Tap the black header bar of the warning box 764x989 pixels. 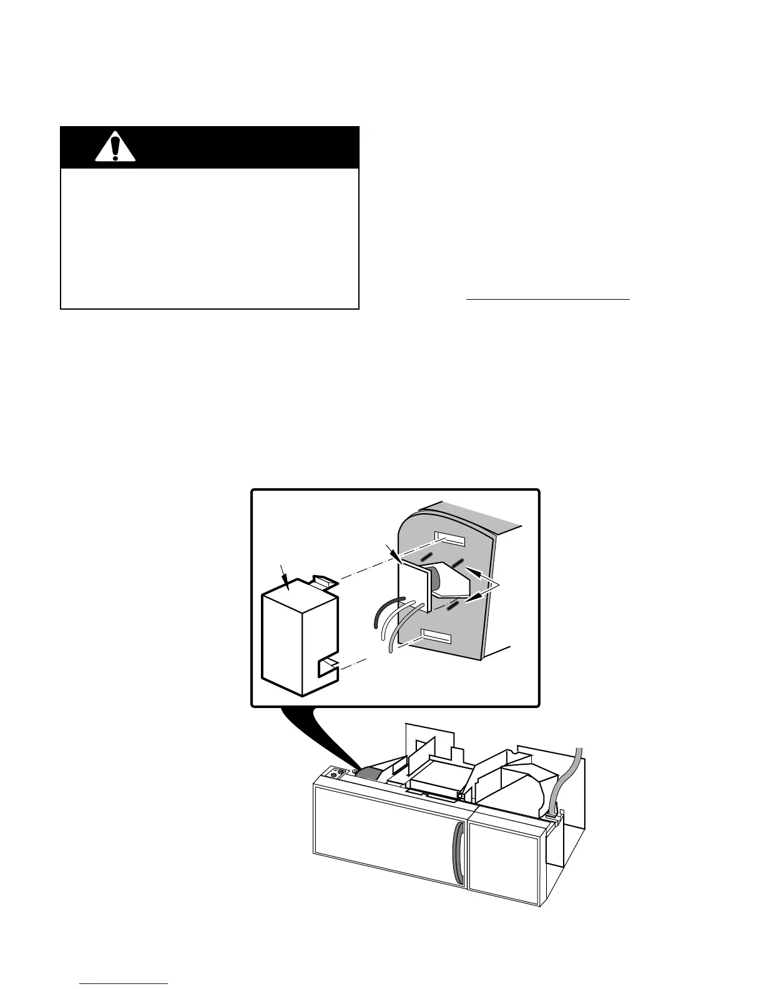pos(237,148)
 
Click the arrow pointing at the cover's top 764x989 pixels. pos(286,574)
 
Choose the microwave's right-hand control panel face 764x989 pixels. pos(504,859)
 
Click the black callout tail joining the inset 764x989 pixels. pos(318,737)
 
